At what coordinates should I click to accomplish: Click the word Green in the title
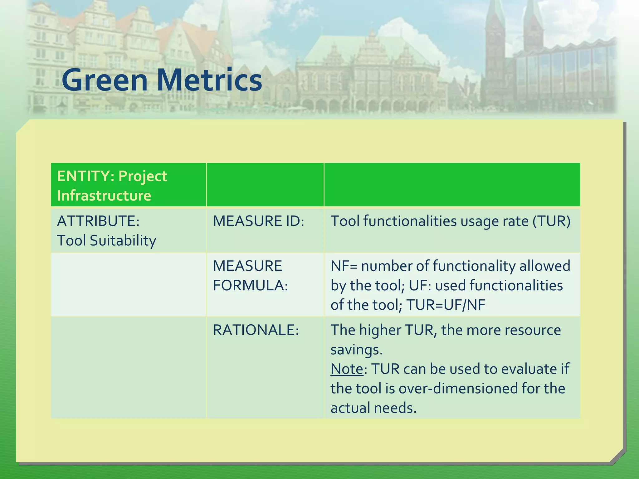tap(105, 80)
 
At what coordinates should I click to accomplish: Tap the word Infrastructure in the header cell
tap(104, 196)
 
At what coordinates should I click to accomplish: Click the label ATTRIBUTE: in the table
tap(98, 221)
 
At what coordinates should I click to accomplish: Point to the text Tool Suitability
tap(106, 241)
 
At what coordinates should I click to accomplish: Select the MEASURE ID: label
tap(258, 221)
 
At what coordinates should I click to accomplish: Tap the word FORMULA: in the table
tap(250, 285)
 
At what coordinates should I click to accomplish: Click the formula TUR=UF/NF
tap(446, 305)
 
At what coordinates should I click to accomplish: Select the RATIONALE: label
tap(256, 330)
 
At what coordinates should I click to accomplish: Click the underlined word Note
tap(347, 369)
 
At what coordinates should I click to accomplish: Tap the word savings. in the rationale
tap(356, 350)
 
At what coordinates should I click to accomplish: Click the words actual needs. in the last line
tap(373, 408)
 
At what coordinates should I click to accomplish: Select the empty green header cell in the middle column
tap(265, 185)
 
